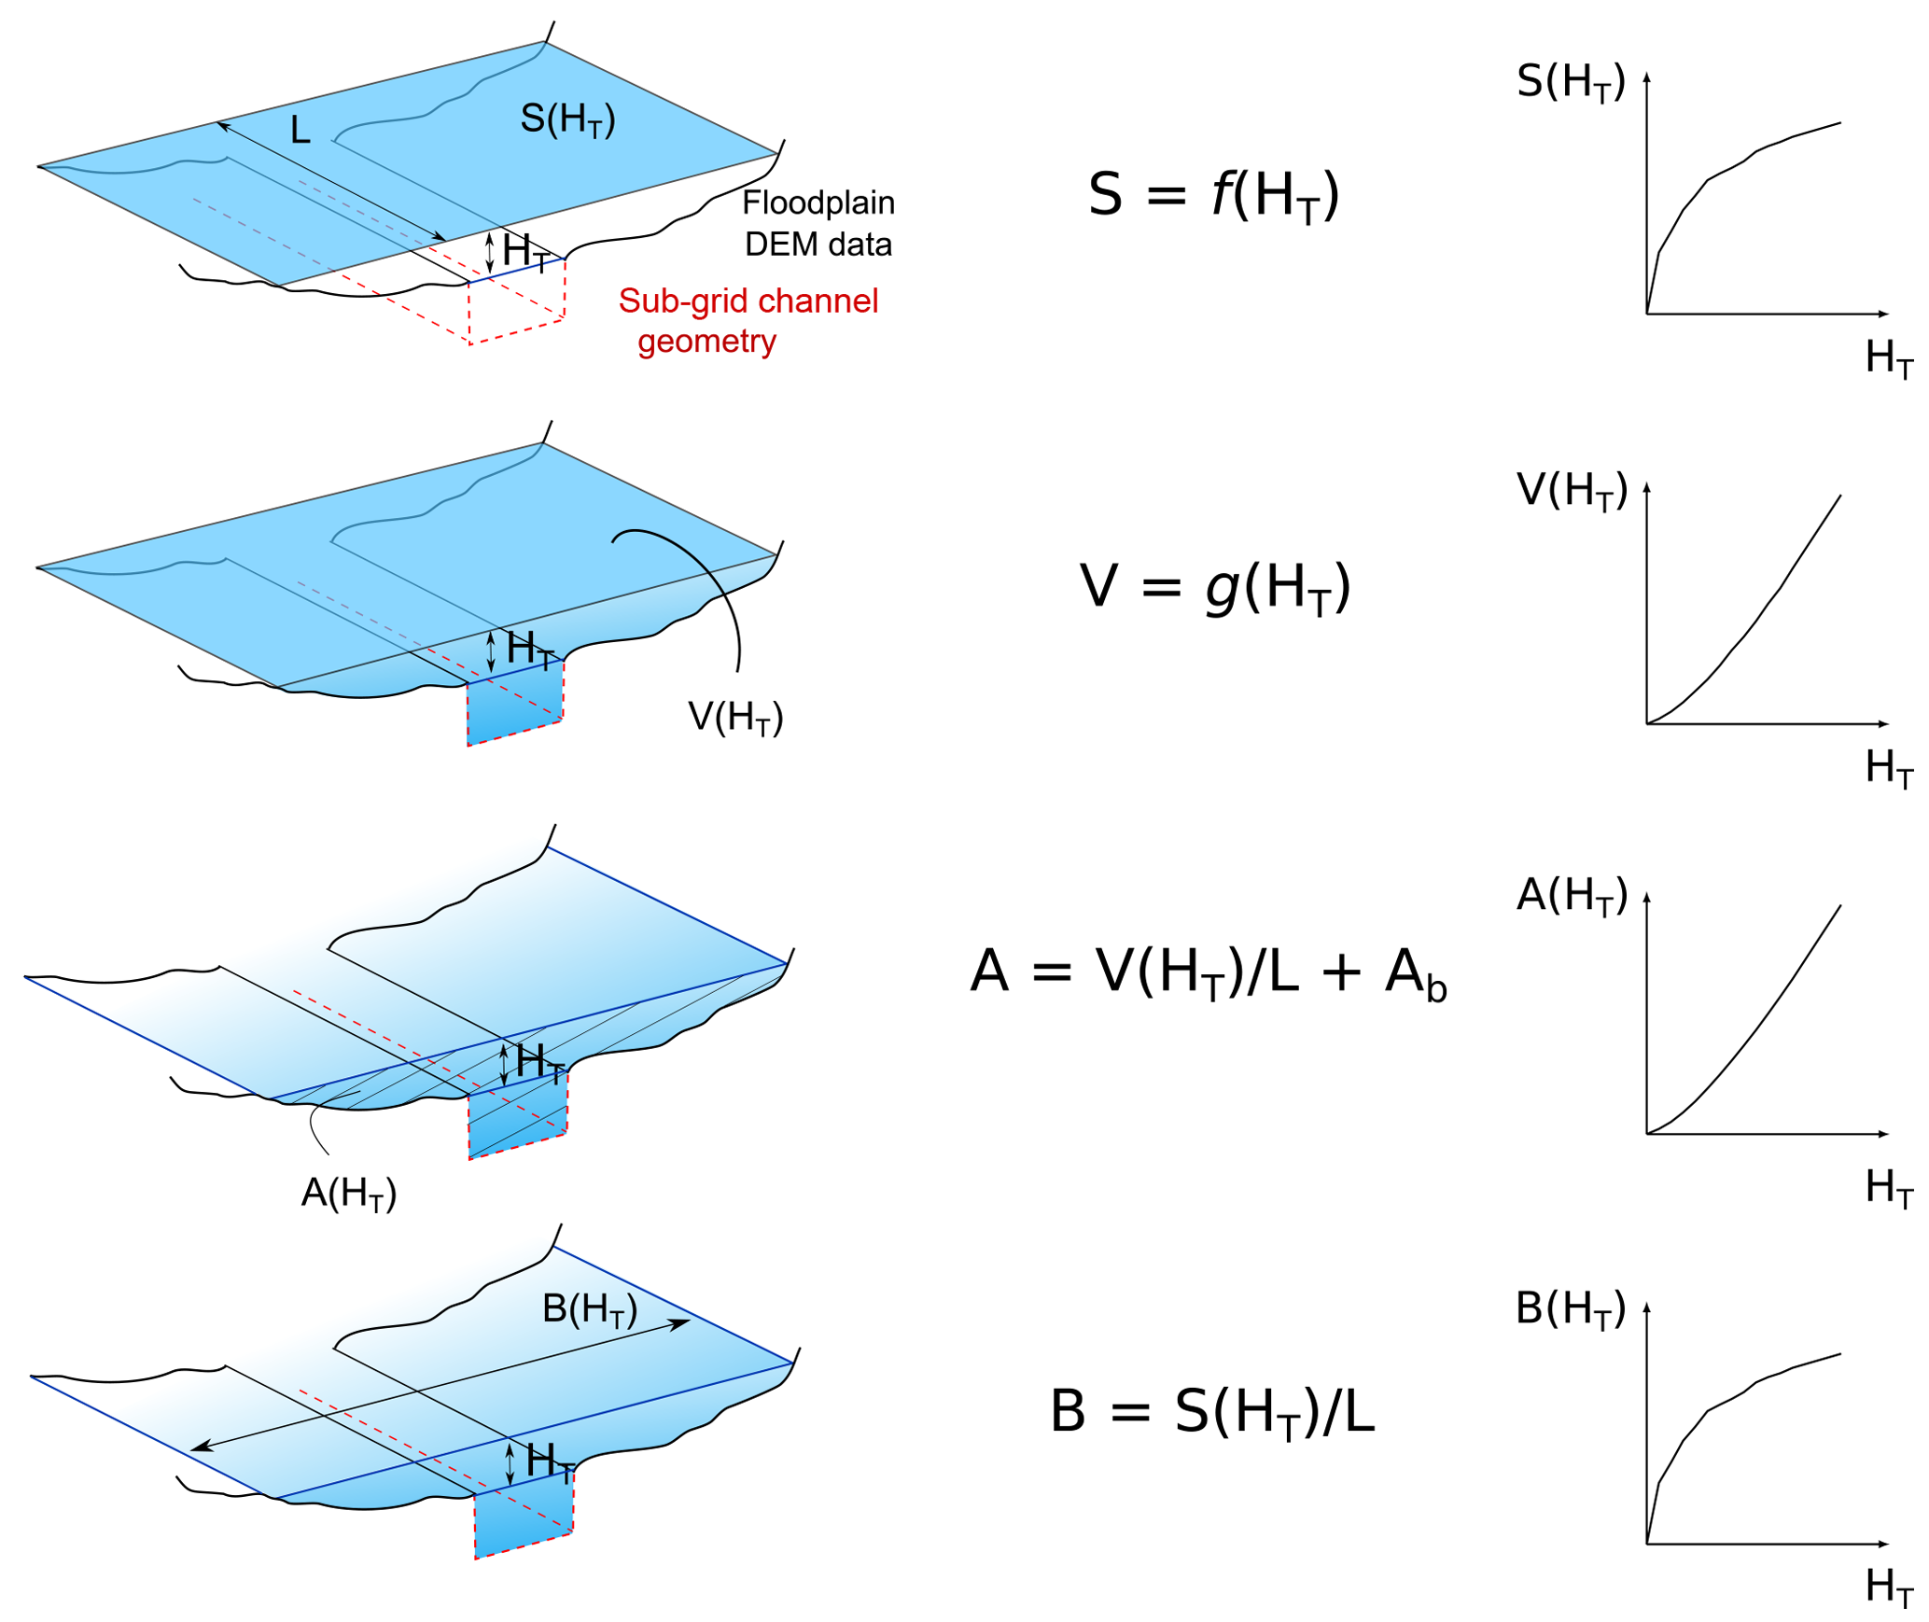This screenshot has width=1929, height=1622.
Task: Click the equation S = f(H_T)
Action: click(1212, 196)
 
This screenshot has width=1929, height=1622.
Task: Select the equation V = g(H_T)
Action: click(1214, 589)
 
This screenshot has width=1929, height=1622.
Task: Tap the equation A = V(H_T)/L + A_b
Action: click(1208, 972)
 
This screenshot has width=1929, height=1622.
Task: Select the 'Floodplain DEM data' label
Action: click(818, 223)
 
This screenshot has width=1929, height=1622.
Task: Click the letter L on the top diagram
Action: click(300, 131)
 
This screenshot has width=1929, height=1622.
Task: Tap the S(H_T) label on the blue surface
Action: click(567, 120)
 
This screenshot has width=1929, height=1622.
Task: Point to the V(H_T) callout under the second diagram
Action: click(734, 718)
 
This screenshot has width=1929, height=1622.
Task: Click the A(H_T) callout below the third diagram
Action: click(348, 1194)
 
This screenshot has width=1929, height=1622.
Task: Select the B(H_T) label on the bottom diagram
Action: click(589, 1310)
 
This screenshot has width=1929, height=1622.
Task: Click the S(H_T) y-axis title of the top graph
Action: click(1571, 82)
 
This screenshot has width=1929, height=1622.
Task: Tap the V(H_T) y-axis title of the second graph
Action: click(1572, 491)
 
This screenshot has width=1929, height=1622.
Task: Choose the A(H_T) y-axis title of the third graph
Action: click(1572, 896)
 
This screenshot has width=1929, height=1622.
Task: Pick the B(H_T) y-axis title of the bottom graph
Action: click(1571, 1309)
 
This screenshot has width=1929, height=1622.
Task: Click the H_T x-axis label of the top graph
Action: click(1887, 359)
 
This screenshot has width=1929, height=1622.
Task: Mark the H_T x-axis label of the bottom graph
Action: click(1887, 1587)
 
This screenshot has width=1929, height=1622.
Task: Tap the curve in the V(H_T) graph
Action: click(1754, 623)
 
